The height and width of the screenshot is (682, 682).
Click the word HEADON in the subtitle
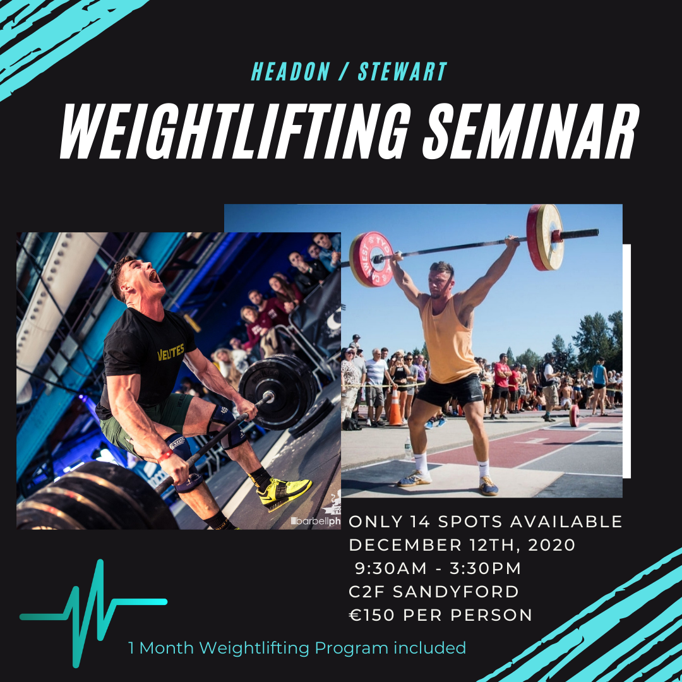tap(290, 71)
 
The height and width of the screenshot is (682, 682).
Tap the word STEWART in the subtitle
tap(402, 71)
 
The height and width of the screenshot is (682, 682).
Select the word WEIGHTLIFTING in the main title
tap(235, 131)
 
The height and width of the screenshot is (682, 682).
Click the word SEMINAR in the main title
tap(530, 131)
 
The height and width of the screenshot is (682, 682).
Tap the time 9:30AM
tap(391, 568)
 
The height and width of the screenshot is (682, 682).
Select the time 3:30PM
tap(485, 568)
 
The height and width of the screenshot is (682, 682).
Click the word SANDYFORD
tap(456, 592)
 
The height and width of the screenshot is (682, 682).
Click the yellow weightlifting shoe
tap(285, 493)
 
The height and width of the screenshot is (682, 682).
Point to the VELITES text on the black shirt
tap(170, 352)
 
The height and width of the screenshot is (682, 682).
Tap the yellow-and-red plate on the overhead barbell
tap(544, 237)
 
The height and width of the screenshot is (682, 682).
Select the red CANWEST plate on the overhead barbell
tap(371, 260)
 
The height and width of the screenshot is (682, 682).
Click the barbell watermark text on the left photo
tap(316, 521)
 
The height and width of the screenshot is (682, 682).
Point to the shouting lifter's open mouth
tap(153, 277)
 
